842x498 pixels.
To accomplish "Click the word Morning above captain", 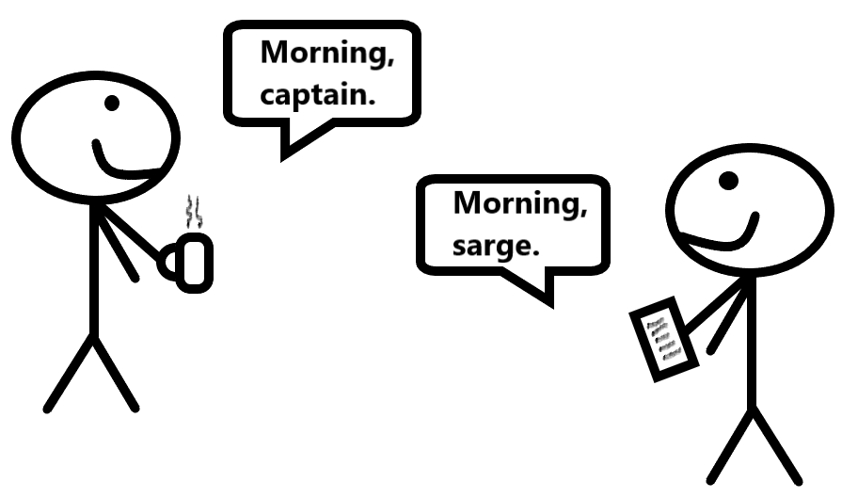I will (324, 54).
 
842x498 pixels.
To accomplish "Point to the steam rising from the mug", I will (194, 213).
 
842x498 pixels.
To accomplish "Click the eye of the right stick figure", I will (727, 179).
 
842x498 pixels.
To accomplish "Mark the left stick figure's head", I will (94, 137).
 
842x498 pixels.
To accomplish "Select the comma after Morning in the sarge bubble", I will (582, 214).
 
